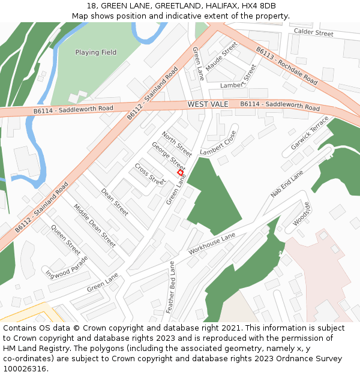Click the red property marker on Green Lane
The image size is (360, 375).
coord(180,172)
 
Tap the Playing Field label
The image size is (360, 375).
coord(96,53)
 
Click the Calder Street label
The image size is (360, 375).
coord(313,33)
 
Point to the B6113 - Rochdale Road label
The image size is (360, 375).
coord(286,65)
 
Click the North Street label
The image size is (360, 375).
coord(177,143)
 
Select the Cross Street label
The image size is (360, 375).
coord(149,173)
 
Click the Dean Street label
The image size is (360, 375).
coord(115,202)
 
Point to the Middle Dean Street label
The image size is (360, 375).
coord(95,226)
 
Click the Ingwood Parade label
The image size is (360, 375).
coord(67,267)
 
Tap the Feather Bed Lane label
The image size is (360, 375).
coord(171,287)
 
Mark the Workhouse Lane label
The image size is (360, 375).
coord(212,244)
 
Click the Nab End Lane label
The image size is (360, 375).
coord(287,184)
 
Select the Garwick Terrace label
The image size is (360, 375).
coord(310,133)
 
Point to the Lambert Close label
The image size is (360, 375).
coord(218,143)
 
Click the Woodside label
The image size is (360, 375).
coord(302,214)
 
